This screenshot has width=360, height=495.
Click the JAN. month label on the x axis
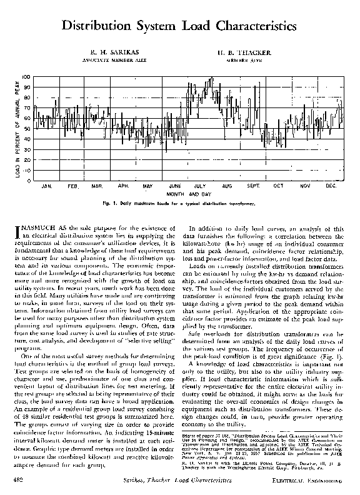[x=46, y=186]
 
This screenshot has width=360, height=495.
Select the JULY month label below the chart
[x=200, y=186]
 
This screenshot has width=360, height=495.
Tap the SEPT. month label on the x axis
[x=253, y=186]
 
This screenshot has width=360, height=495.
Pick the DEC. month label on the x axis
[x=331, y=186]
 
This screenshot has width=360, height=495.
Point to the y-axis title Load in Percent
[x=17, y=128]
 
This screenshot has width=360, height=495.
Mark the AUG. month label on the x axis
[x=226, y=186]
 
